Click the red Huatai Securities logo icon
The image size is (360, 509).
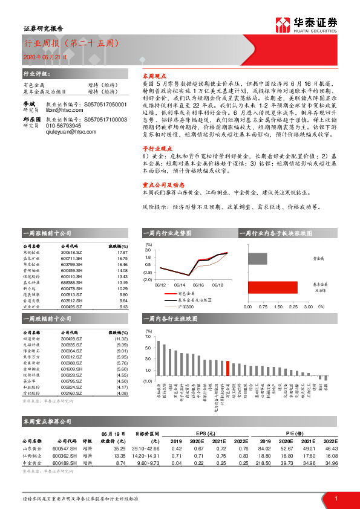point(283,23)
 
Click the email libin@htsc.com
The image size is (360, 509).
point(59,111)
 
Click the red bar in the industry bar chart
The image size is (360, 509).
point(227,369)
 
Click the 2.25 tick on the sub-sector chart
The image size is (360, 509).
point(293,306)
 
